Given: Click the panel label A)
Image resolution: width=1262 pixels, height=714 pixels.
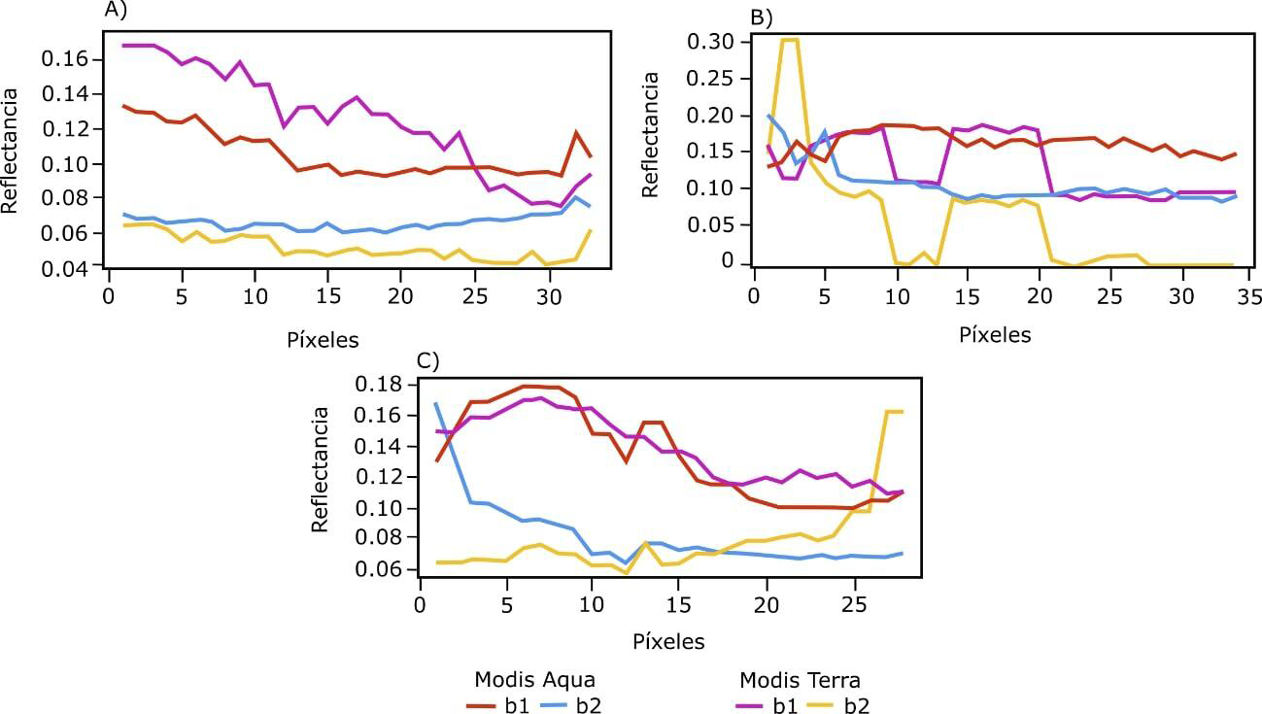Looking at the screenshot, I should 116,12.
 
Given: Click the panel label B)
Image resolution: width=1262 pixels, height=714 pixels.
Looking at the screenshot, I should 759,17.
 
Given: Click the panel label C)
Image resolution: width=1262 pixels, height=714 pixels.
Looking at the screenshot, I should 428,360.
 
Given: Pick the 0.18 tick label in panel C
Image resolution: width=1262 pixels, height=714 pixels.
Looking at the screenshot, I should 383,385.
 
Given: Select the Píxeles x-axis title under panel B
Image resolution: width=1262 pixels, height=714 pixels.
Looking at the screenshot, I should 994,335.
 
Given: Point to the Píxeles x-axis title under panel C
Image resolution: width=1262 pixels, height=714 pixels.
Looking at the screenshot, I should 668,642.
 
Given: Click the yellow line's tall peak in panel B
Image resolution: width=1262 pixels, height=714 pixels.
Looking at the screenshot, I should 789,41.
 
